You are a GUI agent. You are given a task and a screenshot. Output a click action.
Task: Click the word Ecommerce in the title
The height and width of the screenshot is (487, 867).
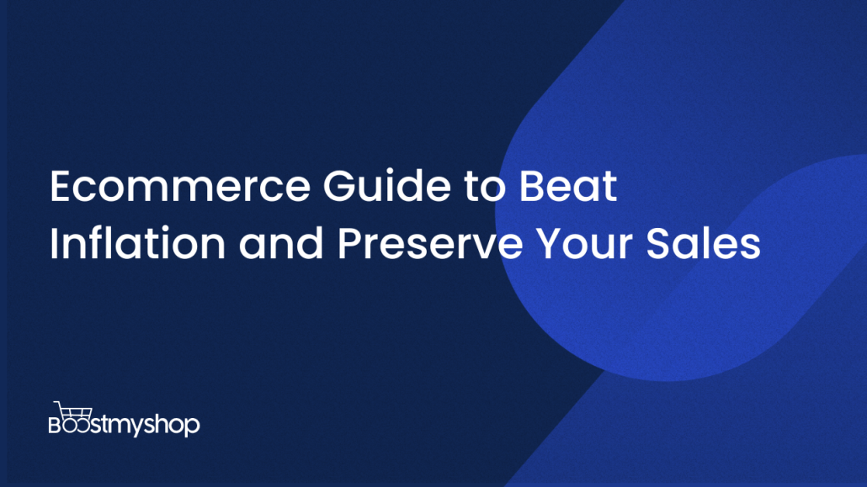(180, 186)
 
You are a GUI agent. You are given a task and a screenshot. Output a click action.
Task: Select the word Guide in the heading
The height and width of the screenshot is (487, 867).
(387, 185)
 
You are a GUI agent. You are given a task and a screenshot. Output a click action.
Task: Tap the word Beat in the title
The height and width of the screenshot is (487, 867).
(568, 185)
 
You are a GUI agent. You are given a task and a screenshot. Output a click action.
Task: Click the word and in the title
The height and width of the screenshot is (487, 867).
(281, 243)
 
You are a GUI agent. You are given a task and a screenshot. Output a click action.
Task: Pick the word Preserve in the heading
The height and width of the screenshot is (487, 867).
(430, 244)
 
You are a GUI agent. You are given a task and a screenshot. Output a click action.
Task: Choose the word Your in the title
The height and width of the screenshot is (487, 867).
(584, 244)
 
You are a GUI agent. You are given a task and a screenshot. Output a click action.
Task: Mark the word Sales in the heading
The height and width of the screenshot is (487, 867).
(704, 243)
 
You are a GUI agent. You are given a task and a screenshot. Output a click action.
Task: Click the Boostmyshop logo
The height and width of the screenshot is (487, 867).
(125, 419)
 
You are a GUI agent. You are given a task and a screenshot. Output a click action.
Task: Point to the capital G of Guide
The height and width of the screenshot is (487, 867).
(339, 186)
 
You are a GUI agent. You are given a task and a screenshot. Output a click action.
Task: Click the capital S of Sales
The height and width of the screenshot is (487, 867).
(658, 244)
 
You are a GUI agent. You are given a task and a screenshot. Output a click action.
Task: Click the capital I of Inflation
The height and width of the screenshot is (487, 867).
(54, 244)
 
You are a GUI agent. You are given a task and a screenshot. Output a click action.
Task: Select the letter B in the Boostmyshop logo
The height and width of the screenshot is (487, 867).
(55, 425)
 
